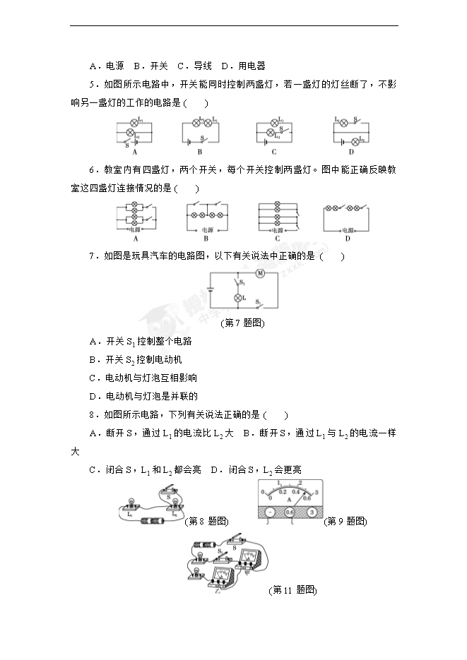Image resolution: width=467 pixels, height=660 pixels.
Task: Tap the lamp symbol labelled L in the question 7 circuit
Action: [x=238, y=299]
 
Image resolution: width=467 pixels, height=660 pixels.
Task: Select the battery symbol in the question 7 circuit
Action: [x=211, y=289]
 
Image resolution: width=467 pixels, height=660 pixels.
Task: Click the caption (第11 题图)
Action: [x=293, y=589]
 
